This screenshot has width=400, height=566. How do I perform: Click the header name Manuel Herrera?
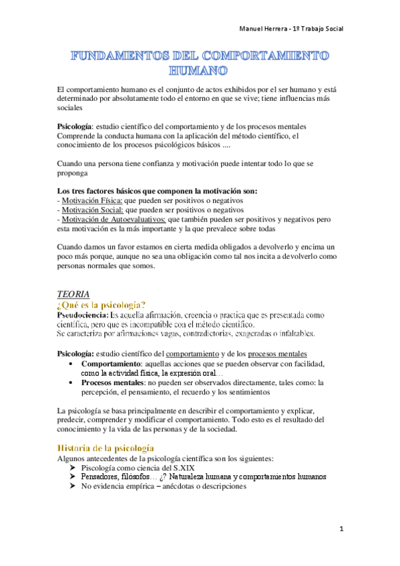265,29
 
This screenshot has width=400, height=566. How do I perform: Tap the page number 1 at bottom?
341,529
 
